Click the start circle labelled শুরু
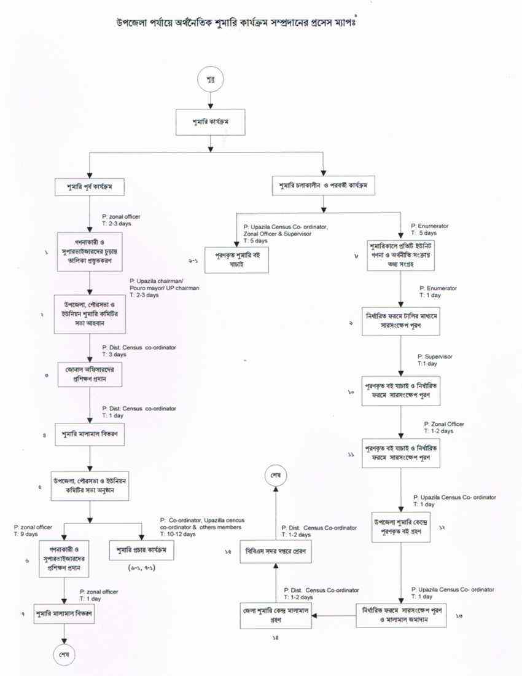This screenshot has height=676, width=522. (211, 80)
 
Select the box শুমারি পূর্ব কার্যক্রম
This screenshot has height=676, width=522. (90, 185)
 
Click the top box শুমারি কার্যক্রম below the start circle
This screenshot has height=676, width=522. (211, 122)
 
